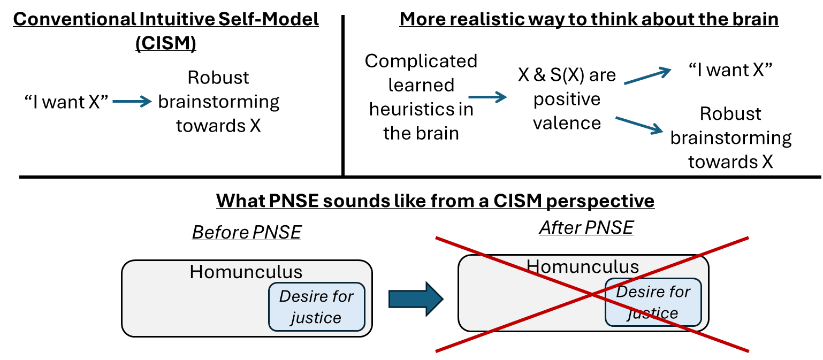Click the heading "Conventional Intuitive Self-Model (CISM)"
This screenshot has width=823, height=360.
pyautogui.click(x=165, y=30)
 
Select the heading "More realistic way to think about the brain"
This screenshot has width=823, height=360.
pyautogui.click(x=589, y=19)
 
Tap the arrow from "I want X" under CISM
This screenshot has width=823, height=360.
pyautogui.click(x=132, y=102)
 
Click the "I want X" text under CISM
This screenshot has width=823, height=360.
pyautogui.click(x=66, y=102)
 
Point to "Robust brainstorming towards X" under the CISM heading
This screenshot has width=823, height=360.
pyautogui.click(x=218, y=102)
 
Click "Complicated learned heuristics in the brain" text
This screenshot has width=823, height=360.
pyautogui.click(x=421, y=97)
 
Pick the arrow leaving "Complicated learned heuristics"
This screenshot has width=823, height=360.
pyautogui.click(x=487, y=97)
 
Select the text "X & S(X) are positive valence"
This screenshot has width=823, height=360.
pyautogui.click(x=567, y=99)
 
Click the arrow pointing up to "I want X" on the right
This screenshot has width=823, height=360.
pyautogui.click(x=647, y=75)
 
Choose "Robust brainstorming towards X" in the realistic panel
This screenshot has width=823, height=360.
pyautogui.click(x=730, y=137)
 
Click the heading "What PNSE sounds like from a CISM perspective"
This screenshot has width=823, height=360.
pyautogui.click(x=435, y=201)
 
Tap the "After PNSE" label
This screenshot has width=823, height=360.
pyautogui.click(x=586, y=228)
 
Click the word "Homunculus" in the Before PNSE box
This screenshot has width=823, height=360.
pyautogui.click(x=246, y=272)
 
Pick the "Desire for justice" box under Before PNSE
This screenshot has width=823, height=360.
pyautogui.click(x=316, y=307)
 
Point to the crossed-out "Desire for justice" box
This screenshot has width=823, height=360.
pyautogui.click(x=653, y=302)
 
